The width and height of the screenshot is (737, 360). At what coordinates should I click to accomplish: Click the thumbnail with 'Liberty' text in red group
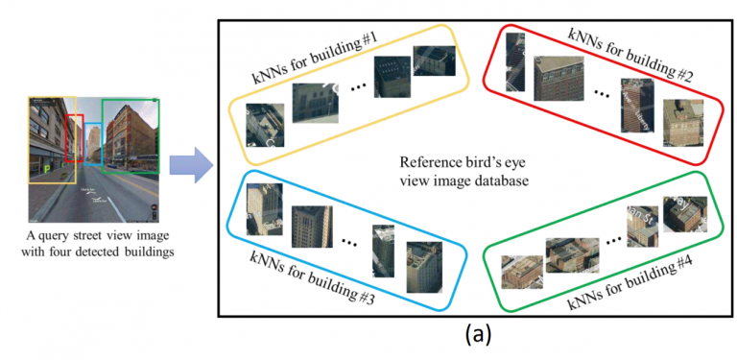click(637, 106)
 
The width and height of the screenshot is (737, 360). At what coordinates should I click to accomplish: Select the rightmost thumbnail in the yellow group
click(435, 60)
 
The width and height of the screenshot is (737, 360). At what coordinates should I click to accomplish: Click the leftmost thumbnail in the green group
click(522, 272)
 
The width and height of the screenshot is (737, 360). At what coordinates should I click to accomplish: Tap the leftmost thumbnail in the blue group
click(265, 209)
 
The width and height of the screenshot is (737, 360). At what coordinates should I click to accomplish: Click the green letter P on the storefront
click(47, 169)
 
